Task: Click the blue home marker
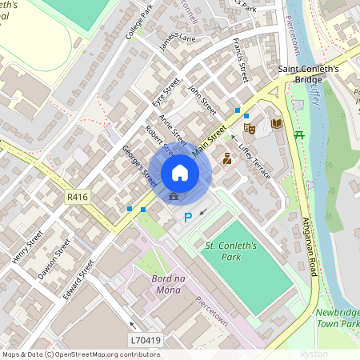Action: click(180, 172)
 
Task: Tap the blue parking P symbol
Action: click(188, 217)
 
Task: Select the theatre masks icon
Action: click(250, 127)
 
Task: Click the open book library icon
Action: click(276, 124)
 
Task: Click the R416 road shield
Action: click(77, 196)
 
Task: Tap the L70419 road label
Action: click(146, 340)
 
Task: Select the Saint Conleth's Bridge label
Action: click(308, 74)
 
